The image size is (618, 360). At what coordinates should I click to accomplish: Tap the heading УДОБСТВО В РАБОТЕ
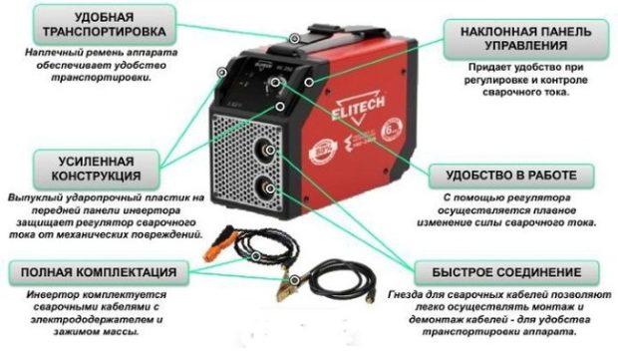coord(503,177)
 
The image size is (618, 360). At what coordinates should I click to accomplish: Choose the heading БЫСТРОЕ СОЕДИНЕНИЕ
coord(508,271)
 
